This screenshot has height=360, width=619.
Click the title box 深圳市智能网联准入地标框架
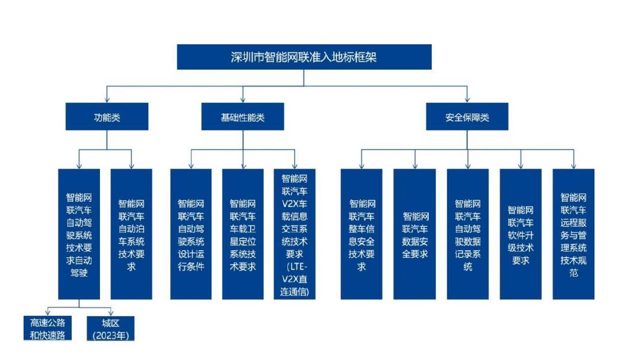click(x=304, y=57)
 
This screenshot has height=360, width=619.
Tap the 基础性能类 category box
click(x=243, y=117)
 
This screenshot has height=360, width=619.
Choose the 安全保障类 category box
click(x=467, y=117)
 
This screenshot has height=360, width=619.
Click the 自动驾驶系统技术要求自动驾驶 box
click(x=79, y=234)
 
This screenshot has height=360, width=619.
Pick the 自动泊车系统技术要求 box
click(x=131, y=234)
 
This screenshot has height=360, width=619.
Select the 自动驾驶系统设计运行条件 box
click(x=191, y=234)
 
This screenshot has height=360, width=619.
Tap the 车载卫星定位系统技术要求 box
click(x=243, y=234)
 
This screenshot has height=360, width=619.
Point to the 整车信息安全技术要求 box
click(x=362, y=234)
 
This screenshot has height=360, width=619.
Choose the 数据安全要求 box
click(x=414, y=234)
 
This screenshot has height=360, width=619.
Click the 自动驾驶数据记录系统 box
click(x=468, y=234)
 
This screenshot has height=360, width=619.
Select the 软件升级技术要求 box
click(x=520, y=234)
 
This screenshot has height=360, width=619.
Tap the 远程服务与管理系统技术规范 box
click(x=574, y=234)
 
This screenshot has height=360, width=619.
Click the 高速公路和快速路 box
click(x=48, y=328)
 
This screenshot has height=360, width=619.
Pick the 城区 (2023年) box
click(x=110, y=328)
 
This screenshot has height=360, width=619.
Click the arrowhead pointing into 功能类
click(x=107, y=100)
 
